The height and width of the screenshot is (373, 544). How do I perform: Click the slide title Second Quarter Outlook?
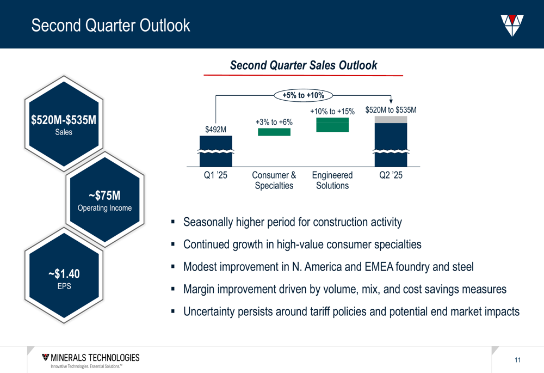(110, 26)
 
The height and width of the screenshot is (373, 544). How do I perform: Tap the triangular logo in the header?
(512, 26)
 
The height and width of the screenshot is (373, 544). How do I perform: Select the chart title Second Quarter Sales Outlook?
(304, 65)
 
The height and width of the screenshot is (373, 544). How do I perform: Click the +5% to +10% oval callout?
(303, 95)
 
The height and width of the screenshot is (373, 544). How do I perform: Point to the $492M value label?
(215, 130)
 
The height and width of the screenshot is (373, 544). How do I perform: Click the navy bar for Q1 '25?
(216, 151)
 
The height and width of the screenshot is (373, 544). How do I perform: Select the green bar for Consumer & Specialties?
(274, 132)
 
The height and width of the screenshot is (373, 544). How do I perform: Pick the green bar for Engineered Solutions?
(332, 125)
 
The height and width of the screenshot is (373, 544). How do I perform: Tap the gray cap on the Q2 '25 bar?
(391, 119)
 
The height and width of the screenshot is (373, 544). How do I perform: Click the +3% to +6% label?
(274, 123)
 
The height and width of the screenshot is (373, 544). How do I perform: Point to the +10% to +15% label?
(332, 112)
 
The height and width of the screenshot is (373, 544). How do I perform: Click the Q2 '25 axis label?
(391, 175)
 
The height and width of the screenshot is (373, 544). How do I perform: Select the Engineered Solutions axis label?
(332, 180)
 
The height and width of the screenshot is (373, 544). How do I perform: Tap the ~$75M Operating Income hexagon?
(105, 200)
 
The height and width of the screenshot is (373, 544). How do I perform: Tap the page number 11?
(518, 360)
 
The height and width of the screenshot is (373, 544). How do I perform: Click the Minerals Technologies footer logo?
(90, 360)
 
